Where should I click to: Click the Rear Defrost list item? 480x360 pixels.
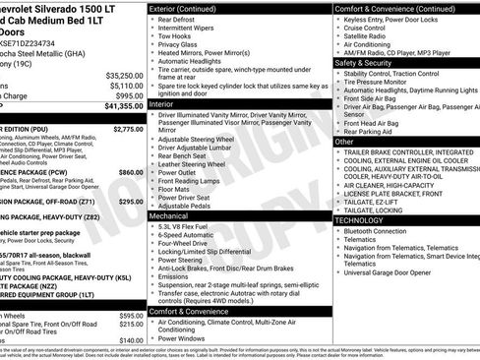click(x=177, y=20)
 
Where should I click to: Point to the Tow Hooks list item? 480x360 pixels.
click(x=174, y=36)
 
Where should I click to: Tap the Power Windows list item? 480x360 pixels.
click(x=183, y=338)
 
